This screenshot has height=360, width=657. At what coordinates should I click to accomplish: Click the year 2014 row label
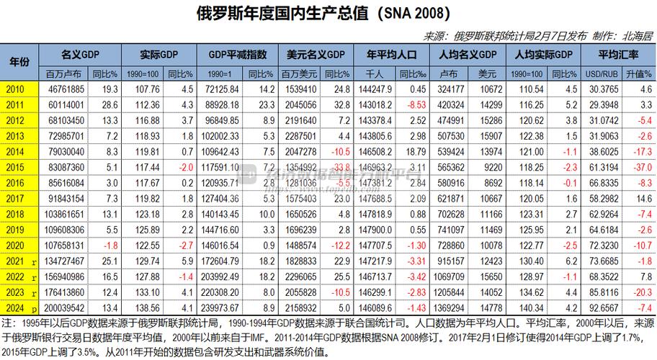tap(15, 151)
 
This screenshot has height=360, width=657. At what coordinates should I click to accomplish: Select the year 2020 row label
tap(15, 245)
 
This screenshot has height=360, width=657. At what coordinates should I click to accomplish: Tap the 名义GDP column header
tap(79, 55)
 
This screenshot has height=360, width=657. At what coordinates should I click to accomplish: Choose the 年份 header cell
tap(19, 63)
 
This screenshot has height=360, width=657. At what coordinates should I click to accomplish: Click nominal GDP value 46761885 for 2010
tap(66, 89)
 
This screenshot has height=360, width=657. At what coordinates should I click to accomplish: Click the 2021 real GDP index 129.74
tap(147, 261)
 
